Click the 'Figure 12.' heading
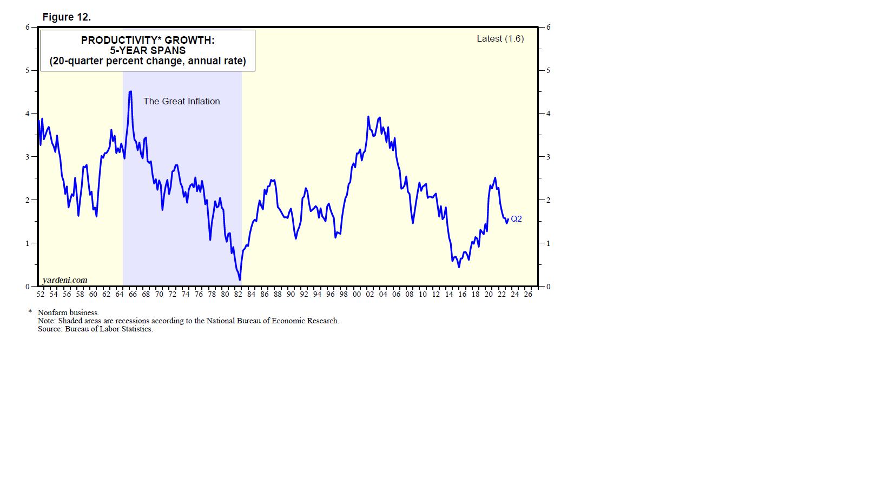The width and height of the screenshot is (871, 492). [67, 17]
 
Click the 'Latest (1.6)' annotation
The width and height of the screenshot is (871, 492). [500, 38]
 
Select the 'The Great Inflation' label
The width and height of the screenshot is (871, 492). [181, 101]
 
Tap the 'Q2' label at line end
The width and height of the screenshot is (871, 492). [516, 219]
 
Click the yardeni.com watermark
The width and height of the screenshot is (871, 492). [65, 280]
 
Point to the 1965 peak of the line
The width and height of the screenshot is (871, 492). [130, 92]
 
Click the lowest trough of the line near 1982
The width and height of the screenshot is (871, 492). [240, 280]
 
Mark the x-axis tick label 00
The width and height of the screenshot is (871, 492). [357, 294]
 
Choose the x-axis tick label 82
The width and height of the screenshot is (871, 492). [238, 294]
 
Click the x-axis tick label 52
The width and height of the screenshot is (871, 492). [41, 294]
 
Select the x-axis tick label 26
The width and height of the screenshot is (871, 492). [528, 294]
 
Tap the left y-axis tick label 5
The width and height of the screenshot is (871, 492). [28, 70]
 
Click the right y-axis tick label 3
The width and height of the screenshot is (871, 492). [548, 157]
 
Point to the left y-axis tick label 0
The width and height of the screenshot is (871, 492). [28, 287]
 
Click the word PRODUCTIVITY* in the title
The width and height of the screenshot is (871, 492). [121, 40]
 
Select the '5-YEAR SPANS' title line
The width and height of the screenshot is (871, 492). [148, 50]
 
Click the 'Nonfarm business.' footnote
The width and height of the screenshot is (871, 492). [68, 313]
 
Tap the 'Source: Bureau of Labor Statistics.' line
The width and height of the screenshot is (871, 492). [95, 329]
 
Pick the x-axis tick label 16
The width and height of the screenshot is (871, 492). [462, 294]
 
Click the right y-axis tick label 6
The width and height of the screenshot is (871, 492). [548, 27]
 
